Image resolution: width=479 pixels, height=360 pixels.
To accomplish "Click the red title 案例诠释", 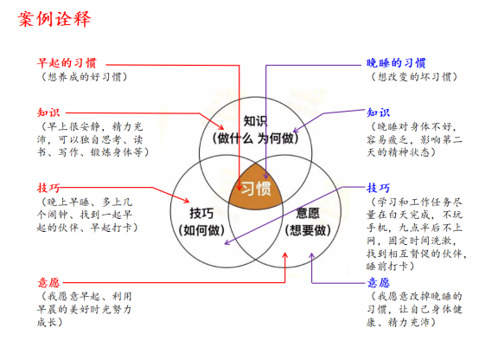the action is [54, 19].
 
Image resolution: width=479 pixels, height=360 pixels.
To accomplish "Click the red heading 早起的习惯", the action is [67, 63].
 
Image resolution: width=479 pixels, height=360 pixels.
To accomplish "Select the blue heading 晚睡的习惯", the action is [396, 63].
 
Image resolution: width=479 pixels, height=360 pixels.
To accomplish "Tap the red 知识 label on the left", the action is [48, 112].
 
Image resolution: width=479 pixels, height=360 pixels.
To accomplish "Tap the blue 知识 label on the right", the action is [379, 112].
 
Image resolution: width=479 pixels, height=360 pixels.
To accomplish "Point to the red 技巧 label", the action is [48, 188].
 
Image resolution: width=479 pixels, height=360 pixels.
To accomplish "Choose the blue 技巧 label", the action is [379, 188].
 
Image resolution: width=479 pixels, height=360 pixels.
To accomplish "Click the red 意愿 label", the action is [48, 283].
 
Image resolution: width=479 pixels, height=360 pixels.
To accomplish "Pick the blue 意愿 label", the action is [379, 283].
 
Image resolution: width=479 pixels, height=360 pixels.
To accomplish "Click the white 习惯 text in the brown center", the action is [256, 189].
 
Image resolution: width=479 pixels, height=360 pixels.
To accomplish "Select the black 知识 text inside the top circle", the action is [255, 121].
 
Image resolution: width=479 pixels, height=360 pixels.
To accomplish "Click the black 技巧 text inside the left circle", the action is [201, 213].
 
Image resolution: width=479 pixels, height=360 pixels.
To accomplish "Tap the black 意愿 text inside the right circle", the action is [308, 213].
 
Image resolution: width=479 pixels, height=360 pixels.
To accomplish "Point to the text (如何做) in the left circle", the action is [201, 230].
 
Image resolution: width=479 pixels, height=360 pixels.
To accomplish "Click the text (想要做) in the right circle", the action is [308, 230].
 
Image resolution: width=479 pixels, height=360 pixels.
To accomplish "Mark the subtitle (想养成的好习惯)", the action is [85, 77].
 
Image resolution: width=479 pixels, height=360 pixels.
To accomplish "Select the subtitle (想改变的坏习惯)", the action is [414, 77].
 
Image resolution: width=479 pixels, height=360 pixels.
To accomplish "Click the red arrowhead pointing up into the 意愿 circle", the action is [284, 255].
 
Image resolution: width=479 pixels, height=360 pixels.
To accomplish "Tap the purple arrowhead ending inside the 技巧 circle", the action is [227, 242].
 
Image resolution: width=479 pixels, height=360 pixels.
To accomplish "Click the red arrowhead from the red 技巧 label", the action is [187, 201].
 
